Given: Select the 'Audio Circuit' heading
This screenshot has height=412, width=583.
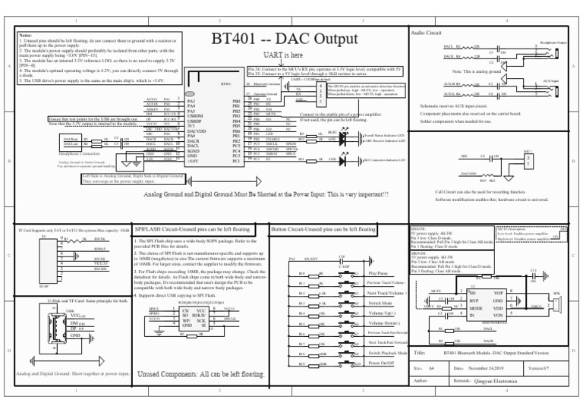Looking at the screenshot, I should (x=426, y=33).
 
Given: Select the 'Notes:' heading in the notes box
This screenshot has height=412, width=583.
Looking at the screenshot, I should (x=26, y=34).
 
